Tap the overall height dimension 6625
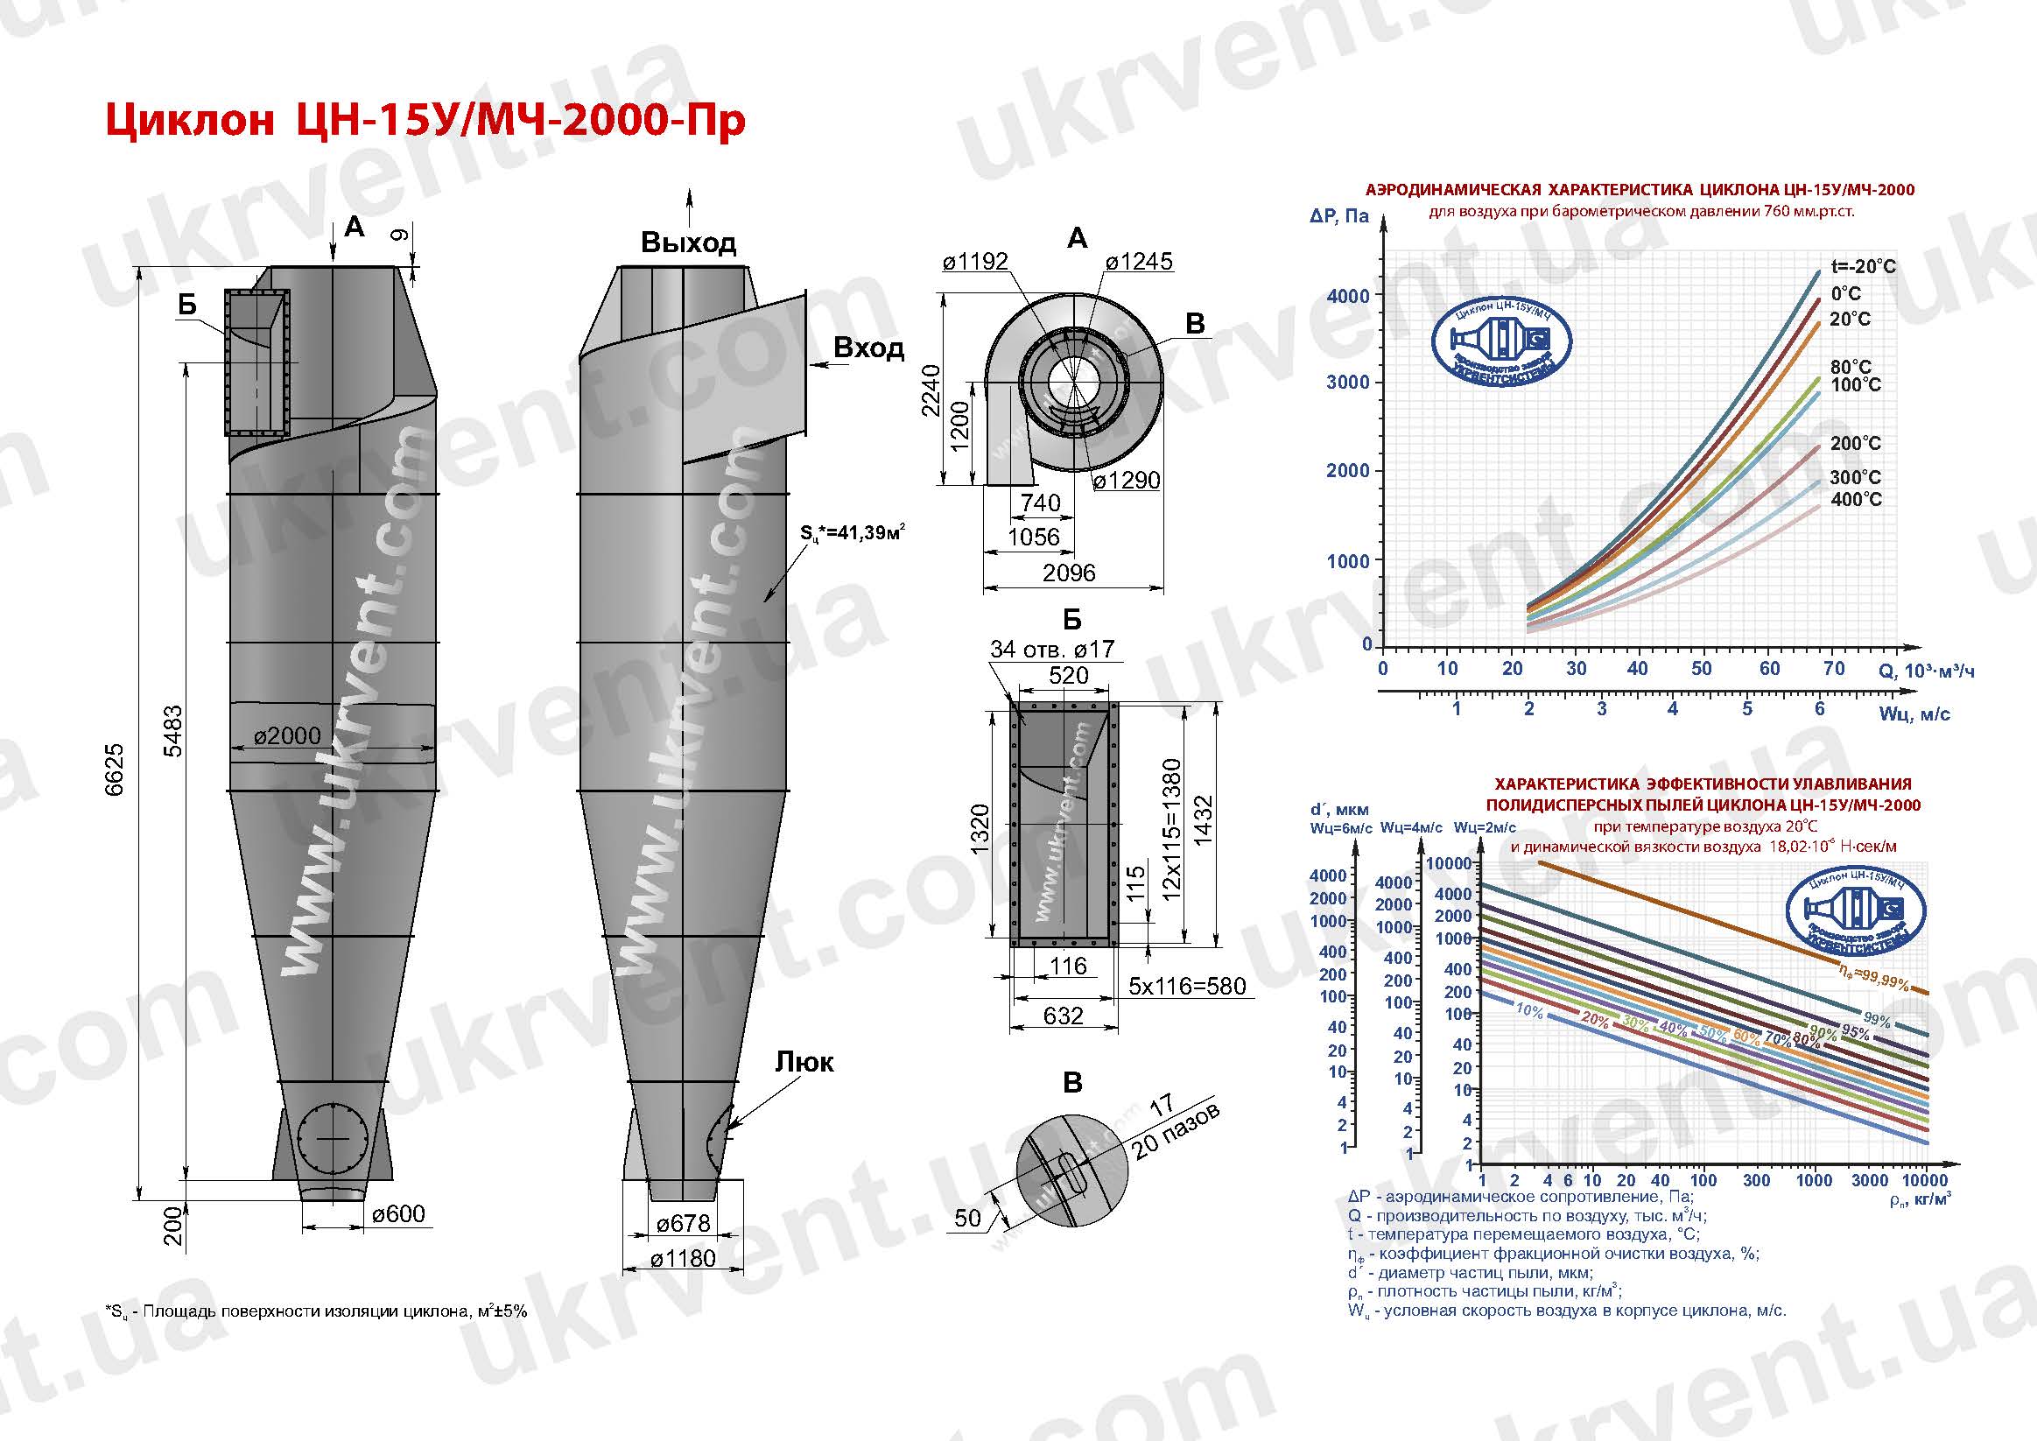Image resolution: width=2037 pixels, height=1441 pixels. [116, 770]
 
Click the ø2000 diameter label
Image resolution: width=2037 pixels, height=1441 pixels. [286, 735]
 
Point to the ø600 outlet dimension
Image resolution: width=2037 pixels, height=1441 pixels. [398, 1213]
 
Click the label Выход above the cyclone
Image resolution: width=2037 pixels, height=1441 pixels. [687, 243]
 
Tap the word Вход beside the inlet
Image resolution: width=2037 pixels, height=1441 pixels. [867, 348]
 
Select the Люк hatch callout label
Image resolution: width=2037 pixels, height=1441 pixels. [804, 1062]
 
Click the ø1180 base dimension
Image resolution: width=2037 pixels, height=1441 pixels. [682, 1258]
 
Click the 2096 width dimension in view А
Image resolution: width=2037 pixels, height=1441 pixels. [1068, 573]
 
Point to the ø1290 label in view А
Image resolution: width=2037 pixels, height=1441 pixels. [1126, 480]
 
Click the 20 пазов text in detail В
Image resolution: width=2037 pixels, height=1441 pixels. [1176, 1131]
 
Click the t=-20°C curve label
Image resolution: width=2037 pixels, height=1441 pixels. [1863, 266]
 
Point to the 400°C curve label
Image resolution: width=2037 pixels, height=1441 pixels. [1856, 500]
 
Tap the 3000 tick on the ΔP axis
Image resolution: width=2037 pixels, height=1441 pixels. [1348, 383]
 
